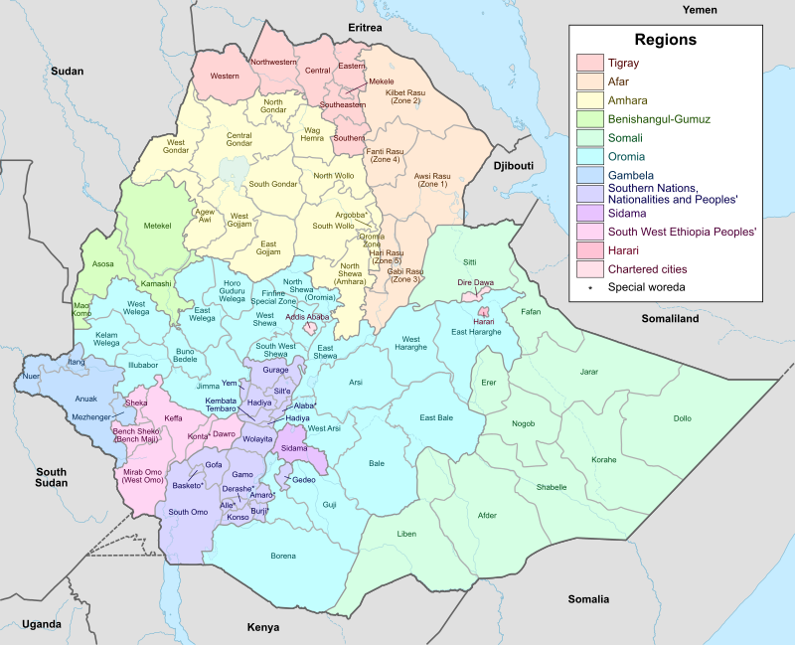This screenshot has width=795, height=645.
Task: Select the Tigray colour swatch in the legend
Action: click(591, 64)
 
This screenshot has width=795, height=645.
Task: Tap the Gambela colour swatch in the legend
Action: click(591, 174)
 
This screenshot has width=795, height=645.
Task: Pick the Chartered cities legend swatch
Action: click(591, 268)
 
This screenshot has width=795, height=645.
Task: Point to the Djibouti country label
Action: click(513, 165)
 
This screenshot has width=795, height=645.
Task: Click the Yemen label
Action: click(700, 9)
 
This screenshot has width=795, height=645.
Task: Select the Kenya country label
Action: click(262, 627)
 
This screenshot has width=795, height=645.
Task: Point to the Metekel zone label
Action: click(158, 226)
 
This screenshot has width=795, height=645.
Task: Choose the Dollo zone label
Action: click(682, 418)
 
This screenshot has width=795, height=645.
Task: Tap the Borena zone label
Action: click(283, 556)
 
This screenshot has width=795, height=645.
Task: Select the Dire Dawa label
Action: click(476, 283)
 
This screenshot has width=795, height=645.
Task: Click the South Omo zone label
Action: click(188, 512)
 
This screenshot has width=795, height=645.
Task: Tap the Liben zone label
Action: click(406, 534)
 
